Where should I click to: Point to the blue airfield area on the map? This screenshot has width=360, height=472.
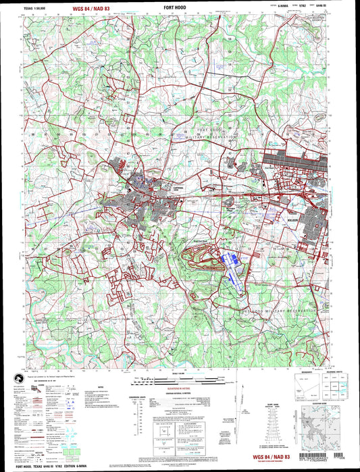(231, 266)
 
